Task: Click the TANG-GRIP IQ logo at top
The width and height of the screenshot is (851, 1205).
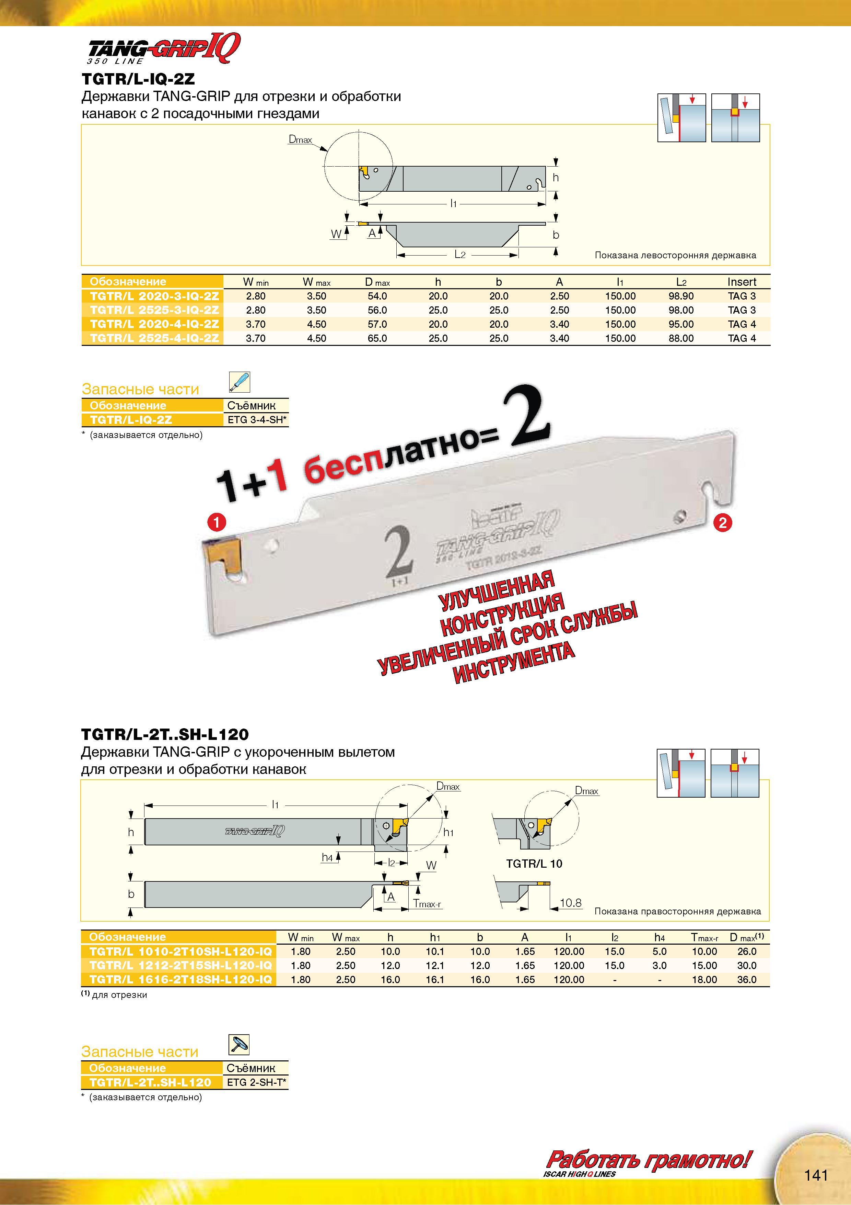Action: pos(164,48)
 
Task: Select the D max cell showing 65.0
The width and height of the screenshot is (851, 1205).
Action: pos(377,338)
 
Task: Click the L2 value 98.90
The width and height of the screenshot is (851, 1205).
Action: pos(680,296)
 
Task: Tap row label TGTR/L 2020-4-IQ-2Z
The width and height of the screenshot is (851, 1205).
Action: pos(154,324)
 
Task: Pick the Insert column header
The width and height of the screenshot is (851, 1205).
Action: pos(742,282)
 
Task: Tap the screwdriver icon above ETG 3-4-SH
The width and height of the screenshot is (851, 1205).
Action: pos(240,382)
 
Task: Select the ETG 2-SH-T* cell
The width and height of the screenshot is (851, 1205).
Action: pos(256,1082)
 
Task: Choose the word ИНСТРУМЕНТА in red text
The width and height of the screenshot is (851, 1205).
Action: pos(514,663)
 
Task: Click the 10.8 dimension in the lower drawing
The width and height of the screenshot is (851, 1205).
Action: pos(571,903)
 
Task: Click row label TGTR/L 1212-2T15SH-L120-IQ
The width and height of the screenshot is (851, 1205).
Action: pos(180,966)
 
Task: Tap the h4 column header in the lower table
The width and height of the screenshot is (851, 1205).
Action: pos(659,937)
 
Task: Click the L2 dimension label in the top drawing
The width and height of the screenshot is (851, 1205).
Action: pos(460,255)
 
